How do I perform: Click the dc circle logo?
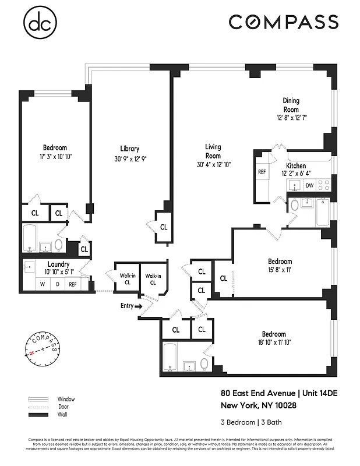click(40, 23)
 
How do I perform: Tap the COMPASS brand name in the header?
click(283, 22)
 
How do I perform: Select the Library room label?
click(129, 149)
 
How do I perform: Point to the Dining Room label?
click(291, 105)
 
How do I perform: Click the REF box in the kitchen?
click(262, 172)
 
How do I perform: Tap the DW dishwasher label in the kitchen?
click(309, 186)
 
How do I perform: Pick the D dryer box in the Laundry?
click(57, 284)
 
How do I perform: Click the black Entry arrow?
click(139, 306)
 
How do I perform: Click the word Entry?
click(126, 306)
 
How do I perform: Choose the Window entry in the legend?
click(66, 399)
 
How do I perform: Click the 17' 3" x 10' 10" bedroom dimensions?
click(55, 157)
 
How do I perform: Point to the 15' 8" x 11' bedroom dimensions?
click(280, 270)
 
